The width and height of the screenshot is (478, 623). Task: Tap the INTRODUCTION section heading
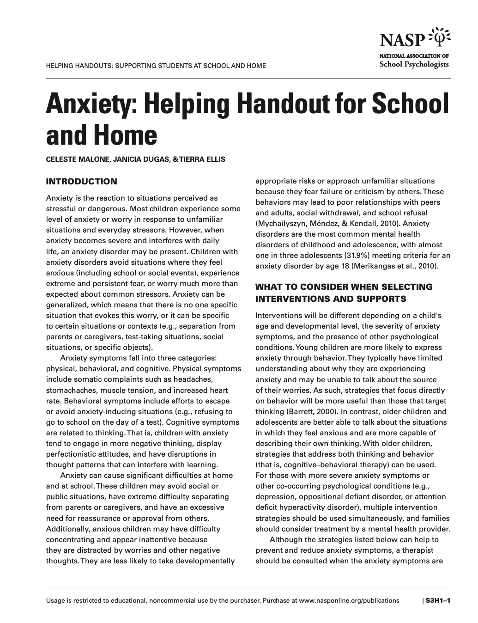coord(81,182)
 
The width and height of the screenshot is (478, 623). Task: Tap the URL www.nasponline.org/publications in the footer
coord(349,601)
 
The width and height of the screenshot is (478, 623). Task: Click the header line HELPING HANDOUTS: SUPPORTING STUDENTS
coord(156,66)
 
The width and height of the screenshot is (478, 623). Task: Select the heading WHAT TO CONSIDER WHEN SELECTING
coord(344,287)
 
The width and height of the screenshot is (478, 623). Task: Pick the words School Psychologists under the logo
coord(414,65)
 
